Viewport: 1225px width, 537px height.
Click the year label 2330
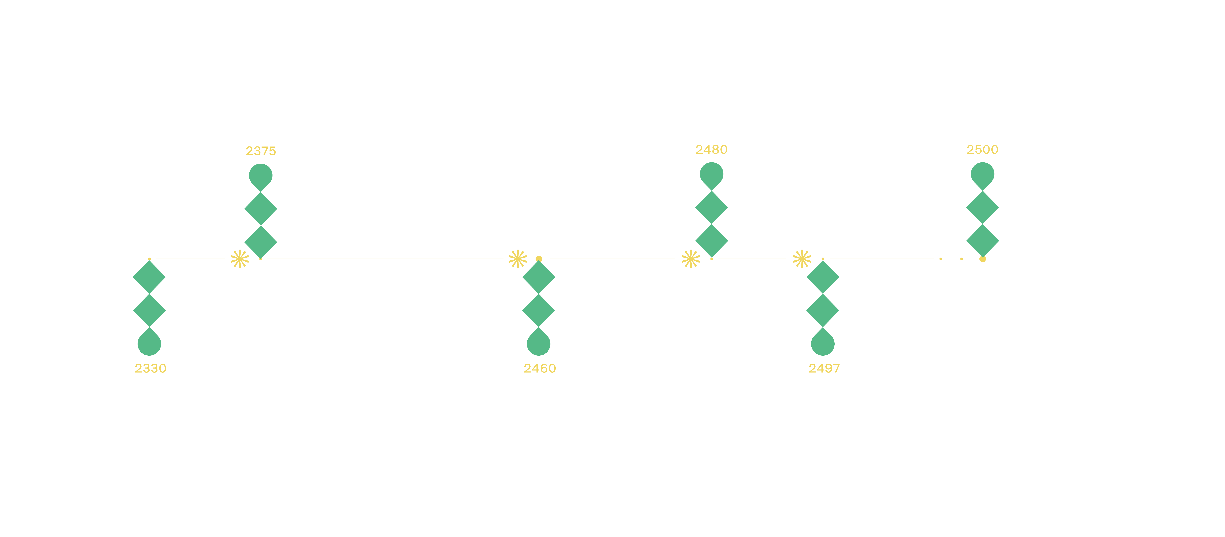pos(150,368)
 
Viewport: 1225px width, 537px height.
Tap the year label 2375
pos(261,151)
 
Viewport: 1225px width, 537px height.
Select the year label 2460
pos(540,368)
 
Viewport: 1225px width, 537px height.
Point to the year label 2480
pos(711,150)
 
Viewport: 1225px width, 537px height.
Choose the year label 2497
pos(824,368)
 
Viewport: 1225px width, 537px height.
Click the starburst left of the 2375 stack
pos(240,259)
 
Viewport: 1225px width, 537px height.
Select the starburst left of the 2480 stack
pos(690,259)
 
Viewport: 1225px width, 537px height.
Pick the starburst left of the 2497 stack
pos(802,259)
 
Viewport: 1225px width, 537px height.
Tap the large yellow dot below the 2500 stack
pos(982,259)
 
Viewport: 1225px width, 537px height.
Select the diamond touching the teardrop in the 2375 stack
pos(261,209)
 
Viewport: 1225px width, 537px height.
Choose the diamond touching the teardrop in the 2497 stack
pos(823,310)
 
